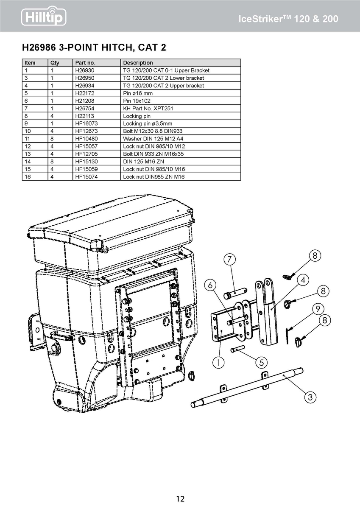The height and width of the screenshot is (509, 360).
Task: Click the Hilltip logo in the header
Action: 44,17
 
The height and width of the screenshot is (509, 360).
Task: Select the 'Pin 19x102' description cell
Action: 137,101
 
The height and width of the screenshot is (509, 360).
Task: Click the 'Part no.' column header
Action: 85,63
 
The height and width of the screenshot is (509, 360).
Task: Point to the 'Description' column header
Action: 138,63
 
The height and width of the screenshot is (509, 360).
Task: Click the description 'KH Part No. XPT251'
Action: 146,109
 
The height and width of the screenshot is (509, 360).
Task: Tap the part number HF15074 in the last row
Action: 87,176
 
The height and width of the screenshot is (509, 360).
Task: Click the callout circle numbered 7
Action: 229,259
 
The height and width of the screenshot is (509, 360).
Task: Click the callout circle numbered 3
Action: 310,397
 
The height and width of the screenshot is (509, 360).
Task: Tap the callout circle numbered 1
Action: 218,363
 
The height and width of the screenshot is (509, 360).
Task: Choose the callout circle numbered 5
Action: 262,363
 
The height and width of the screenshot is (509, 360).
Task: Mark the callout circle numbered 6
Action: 210,285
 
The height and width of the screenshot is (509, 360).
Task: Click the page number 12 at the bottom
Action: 180,499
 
